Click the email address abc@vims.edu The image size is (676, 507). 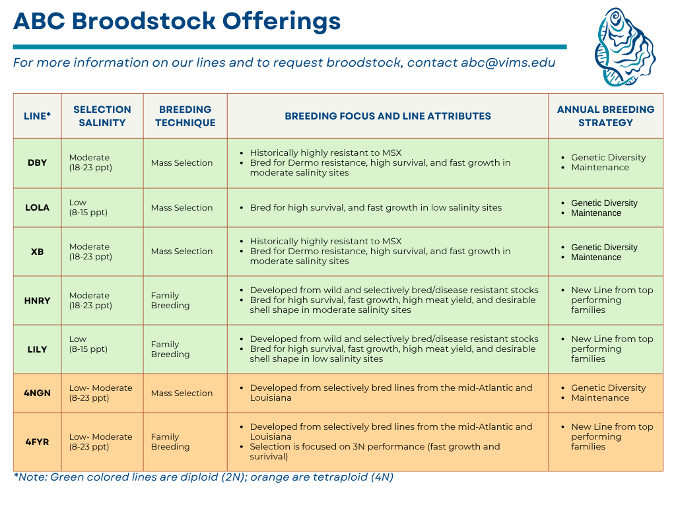[508, 63]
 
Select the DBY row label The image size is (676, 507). [37, 162]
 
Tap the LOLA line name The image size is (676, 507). [37, 207]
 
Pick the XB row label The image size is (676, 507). [37, 252]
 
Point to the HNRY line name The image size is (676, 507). [37, 300]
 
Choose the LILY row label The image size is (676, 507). [37, 349]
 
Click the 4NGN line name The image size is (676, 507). [37, 393]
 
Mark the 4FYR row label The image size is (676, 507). [37, 442]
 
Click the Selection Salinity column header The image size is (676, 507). [102, 116]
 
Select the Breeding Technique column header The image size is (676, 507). [185, 116]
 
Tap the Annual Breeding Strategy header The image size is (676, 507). [605, 116]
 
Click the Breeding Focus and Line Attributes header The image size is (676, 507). [388, 116]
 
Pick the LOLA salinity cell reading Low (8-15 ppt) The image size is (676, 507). [88, 207]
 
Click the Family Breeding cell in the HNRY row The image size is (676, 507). [170, 300]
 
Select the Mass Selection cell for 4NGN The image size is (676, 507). [182, 393]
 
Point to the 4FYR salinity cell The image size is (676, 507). [100, 442]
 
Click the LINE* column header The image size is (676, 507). [37, 116]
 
